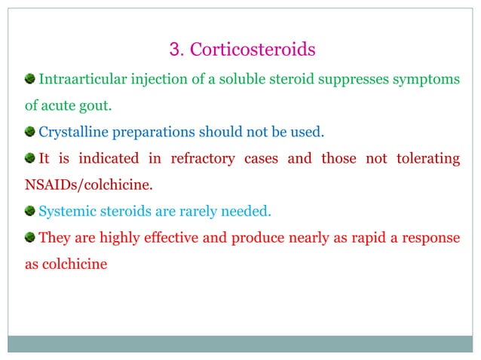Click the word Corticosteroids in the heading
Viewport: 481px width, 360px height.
[x=252, y=50]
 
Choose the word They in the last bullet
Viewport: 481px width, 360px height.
[x=53, y=239]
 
